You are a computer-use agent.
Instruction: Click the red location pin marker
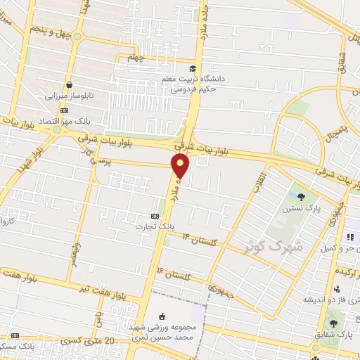[181, 165]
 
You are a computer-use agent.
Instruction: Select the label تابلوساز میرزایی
[69, 96]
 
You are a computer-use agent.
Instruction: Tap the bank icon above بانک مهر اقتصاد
[65, 110]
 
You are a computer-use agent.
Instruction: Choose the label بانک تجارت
[155, 226]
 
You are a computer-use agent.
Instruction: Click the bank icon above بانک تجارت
[155, 215]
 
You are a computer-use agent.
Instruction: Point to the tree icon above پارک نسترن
[302, 197]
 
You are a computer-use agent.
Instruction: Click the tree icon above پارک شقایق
[333, 324]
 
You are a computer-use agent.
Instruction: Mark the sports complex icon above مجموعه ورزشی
[163, 316]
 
